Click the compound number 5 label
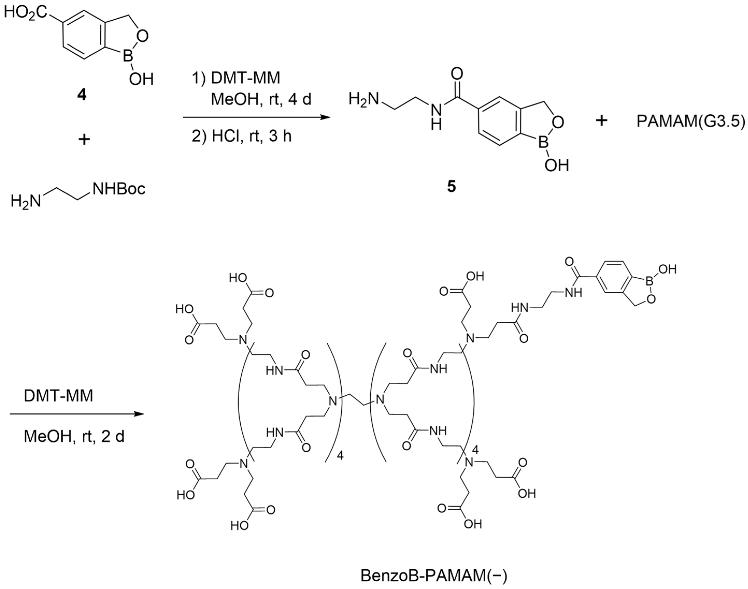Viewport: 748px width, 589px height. [x=451, y=187]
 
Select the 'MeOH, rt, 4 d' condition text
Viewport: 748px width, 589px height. [x=261, y=100]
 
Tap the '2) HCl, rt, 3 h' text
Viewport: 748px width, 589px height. [x=242, y=136]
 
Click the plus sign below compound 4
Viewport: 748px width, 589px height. [x=83, y=140]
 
